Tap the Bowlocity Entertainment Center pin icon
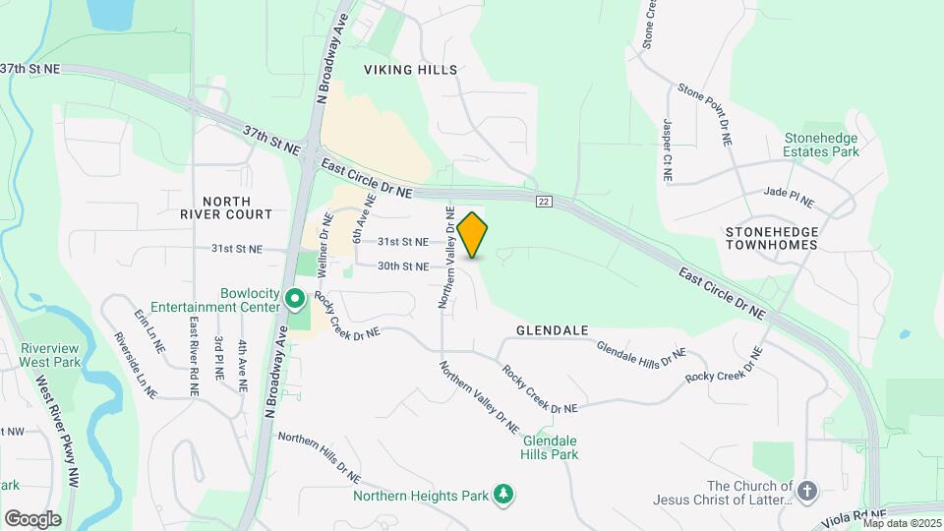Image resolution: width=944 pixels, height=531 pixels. pyautogui.click(x=294, y=295)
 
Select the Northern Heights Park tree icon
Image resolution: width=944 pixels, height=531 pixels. pyautogui.click(x=504, y=493)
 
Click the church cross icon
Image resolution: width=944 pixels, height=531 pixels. pyautogui.click(x=806, y=491)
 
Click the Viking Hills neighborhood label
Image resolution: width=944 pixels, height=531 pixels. pyautogui.click(x=411, y=70)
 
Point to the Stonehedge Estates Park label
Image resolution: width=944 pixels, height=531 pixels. pyautogui.click(x=821, y=146)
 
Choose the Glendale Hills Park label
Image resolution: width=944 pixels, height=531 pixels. pyautogui.click(x=551, y=447)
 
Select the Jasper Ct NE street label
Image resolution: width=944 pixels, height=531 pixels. pyautogui.click(x=667, y=148)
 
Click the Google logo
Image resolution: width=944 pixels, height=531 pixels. pyautogui.click(x=32, y=519)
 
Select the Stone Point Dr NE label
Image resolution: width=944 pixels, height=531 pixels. pyautogui.click(x=706, y=114)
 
